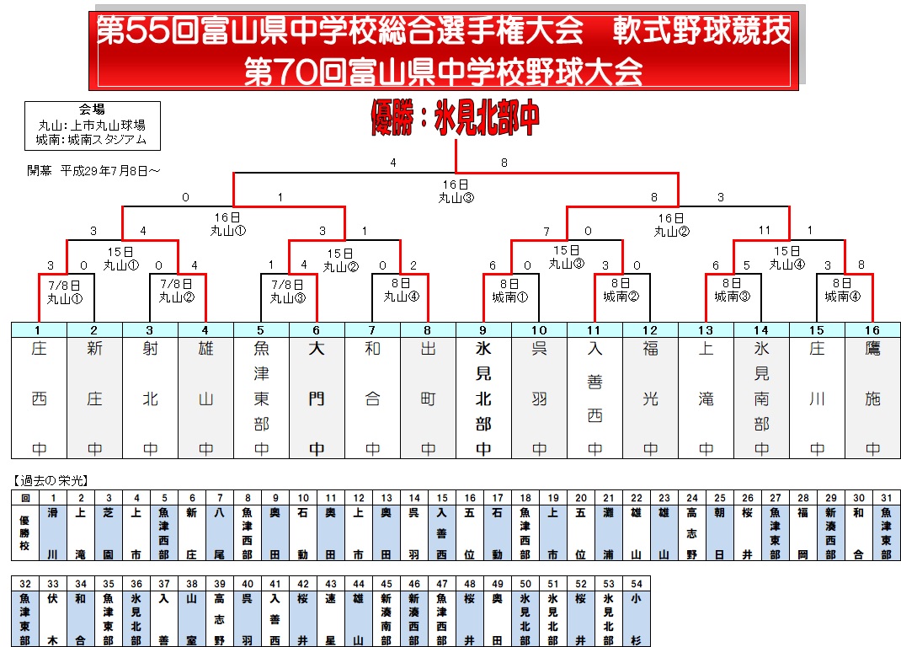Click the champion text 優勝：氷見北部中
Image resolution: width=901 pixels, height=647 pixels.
click(x=455, y=119)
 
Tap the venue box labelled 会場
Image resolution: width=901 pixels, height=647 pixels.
click(x=92, y=126)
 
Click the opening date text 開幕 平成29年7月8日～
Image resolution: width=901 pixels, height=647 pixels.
click(x=93, y=171)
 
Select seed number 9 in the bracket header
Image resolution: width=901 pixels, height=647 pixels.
click(x=483, y=330)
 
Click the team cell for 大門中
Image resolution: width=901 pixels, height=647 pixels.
click(x=317, y=398)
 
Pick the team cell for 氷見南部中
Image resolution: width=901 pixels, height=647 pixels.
click(x=761, y=398)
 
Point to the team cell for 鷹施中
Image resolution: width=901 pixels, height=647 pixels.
click(x=872, y=398)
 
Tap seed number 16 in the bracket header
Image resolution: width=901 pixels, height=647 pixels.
click(x=872, y=330)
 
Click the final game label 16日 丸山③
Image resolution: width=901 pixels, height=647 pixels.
click(x=456, y=191)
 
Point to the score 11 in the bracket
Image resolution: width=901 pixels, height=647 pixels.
click(x=765, y=230)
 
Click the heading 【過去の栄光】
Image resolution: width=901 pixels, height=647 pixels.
click(x=51, y=481)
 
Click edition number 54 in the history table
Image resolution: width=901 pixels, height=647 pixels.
click(x=637, y=584)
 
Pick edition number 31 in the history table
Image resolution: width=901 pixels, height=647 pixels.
click(x=887, y=498)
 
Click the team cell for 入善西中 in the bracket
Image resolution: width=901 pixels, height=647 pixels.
click(x=594, y=398)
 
